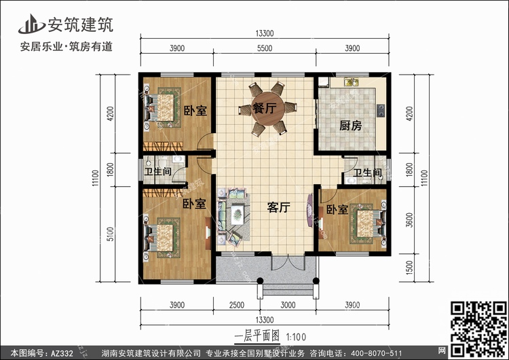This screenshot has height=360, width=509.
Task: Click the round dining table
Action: coord(268,109)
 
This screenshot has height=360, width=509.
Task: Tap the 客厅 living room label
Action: coord(278,207)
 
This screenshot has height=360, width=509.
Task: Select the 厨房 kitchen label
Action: coord(351,126)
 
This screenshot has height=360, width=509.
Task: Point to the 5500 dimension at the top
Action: coord(265,48)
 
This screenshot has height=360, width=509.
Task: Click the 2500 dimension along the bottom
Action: coord(237,305)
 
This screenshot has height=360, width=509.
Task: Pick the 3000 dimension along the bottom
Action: coord(288,305)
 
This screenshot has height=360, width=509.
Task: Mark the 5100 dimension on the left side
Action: coord(111,234)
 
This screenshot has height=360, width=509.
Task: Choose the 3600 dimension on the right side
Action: coord(409,220)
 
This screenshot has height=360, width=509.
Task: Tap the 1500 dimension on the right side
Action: coord(409,268)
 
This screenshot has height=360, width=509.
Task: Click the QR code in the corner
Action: coord(478,329)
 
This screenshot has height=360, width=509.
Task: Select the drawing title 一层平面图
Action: coord(257,336)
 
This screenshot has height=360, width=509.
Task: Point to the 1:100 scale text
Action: coord(296,337)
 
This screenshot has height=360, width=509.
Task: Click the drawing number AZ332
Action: coord(62,353)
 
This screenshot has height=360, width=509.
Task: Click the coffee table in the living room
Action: coord(238,214)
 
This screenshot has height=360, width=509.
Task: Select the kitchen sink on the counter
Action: coord(351,82)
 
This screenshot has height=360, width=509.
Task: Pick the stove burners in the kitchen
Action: coord(380,111)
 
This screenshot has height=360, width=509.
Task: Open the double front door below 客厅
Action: coord(288,262)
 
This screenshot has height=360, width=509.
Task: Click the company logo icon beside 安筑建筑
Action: coord(31,24)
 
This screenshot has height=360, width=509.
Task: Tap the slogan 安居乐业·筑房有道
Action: coord(67,46)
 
